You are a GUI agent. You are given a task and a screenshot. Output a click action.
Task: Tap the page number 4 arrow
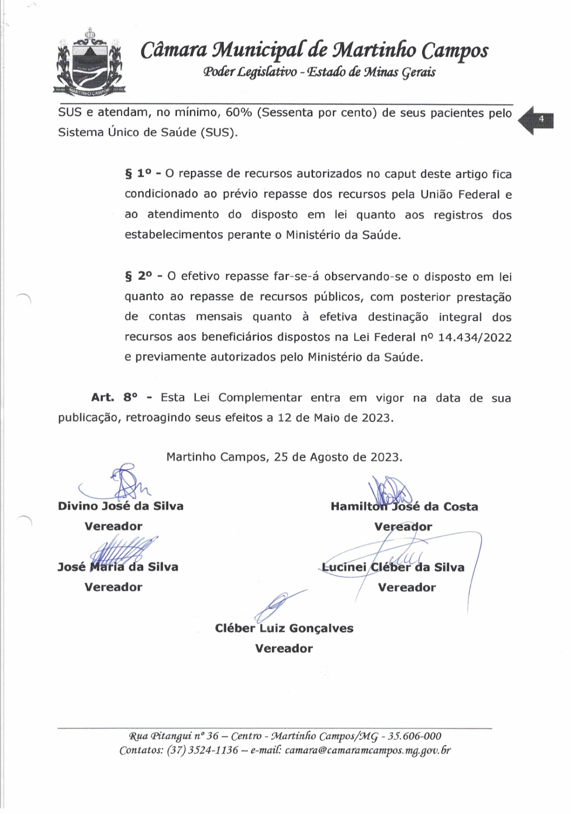click(536, 120)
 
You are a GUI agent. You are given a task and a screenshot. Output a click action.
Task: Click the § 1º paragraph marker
click(139, 174)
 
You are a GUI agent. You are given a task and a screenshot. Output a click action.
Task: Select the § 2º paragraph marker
click(139, 276)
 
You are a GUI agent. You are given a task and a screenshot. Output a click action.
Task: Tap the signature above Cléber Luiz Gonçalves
click(278, 605)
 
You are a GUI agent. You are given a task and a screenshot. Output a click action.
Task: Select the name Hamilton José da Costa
click(404, 507)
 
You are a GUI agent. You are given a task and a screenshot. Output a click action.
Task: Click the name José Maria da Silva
click(118, 567)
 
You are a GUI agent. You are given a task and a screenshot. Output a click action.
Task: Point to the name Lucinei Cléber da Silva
click(393, 567)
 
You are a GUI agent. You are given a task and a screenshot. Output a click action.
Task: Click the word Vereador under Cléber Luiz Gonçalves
click(284, 649)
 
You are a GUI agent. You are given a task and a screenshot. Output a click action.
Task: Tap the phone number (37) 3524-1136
click(202, 750)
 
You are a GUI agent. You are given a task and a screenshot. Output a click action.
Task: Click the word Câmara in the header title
click(173, 50)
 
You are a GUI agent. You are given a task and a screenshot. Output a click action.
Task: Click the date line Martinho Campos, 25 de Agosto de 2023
click(284, 457)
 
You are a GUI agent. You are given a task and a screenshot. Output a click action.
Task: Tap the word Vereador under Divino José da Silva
click(113, 526)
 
